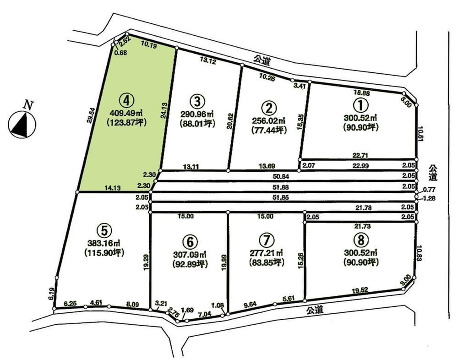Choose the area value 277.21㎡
click(x=266, y=252)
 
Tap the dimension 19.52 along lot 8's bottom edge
click(x=359, y=290)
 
